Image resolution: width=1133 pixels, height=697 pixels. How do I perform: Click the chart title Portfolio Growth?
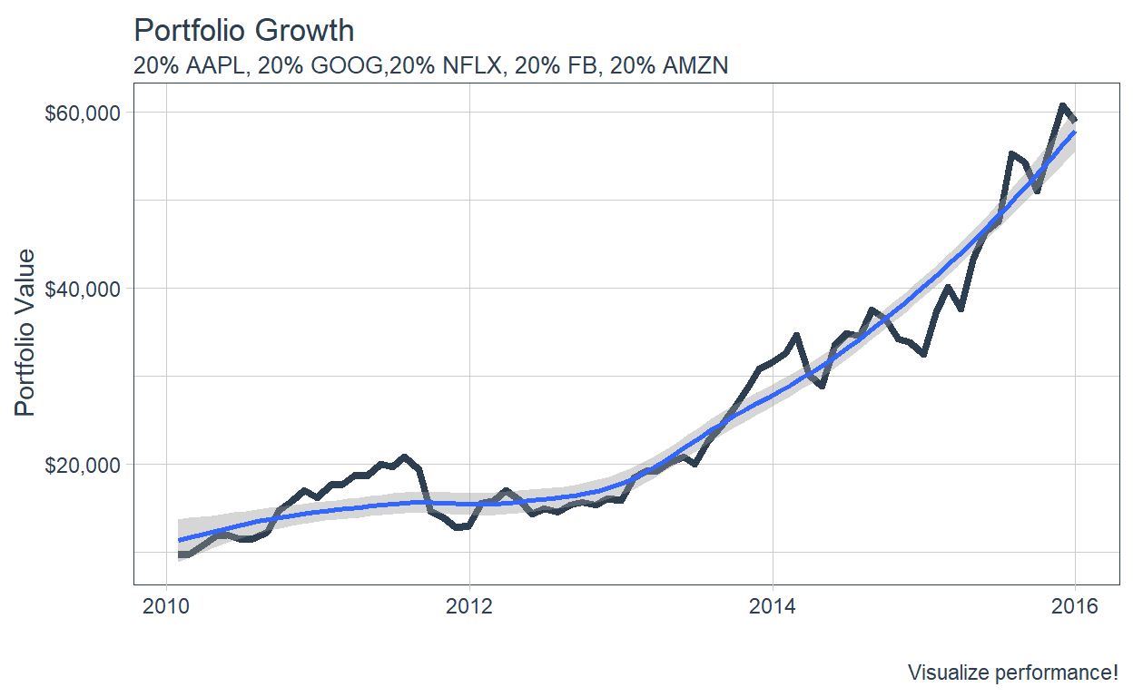pos(243,31)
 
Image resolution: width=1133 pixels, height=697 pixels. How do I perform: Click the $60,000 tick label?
pos(82,113)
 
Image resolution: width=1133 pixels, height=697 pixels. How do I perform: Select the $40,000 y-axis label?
pos(82,289)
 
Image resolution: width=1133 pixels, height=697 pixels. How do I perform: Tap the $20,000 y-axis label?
pos(82,465)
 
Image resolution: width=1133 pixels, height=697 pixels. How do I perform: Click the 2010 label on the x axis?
pos(166,605)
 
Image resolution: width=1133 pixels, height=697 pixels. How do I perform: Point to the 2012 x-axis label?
pos(469,605)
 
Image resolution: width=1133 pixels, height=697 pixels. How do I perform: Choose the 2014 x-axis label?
pos(773,605)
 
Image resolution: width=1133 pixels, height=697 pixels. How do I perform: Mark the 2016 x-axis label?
pos(1075,605)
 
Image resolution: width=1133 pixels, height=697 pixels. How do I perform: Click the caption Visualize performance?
pos(1012,672)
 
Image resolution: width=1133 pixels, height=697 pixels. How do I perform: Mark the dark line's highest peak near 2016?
pos(1061,105)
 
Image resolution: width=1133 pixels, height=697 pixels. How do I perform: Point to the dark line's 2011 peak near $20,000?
pos(405,456)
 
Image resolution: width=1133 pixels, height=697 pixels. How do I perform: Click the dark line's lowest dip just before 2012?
pos(457,527)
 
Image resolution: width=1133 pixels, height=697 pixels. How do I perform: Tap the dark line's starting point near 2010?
pos(180,554)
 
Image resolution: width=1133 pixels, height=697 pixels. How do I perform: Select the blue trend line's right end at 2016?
pos(1075,133)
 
